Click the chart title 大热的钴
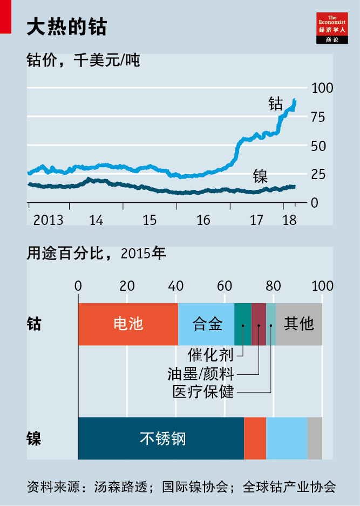[66, 27]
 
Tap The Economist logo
[332, 28]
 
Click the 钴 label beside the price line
[275, 104]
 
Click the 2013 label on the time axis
[47, 221]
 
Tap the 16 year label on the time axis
[203, 221]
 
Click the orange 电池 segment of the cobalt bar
[128, 324]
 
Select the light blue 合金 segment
[207, 324]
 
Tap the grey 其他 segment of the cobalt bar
[299, 324]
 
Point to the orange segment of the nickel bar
[255, 438]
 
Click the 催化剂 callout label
[210, 355]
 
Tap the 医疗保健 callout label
[203, 392]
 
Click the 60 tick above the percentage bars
[225, 286]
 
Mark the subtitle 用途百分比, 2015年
[97, 254]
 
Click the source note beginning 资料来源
[181, 487]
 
